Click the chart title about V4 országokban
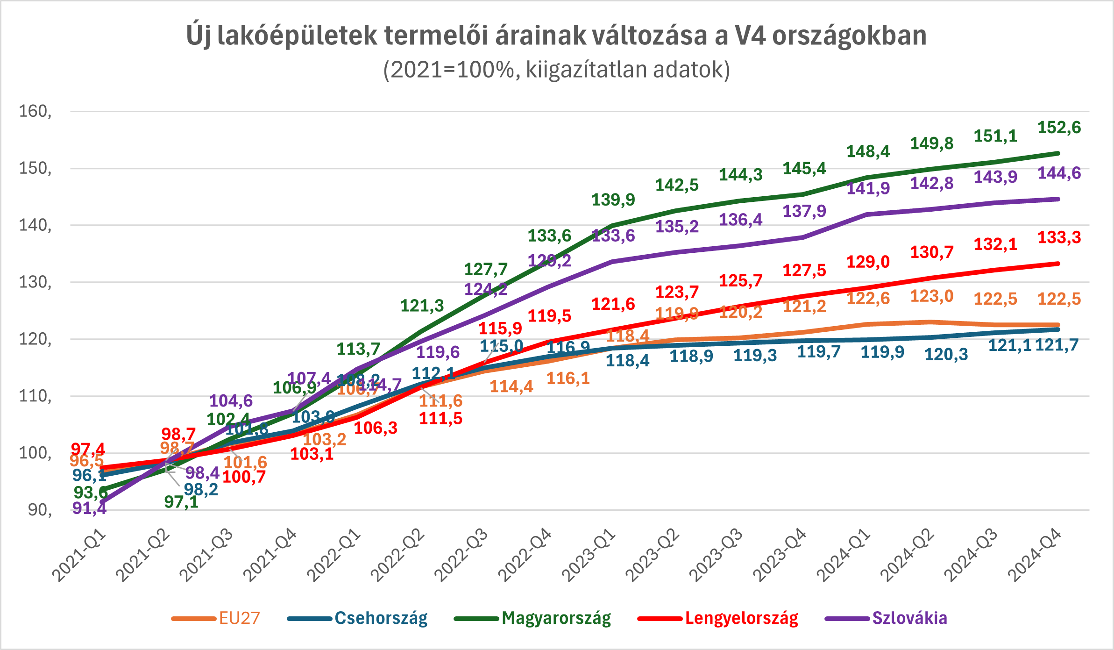point(556,36)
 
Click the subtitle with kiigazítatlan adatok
point(556,70)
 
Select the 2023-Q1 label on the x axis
point(589,555)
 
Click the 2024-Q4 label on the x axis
point(1036,555)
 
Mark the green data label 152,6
point(1059,128)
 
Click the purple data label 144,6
point(1059,173)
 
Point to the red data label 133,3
point(1059,237)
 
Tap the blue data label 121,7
point(1057,345)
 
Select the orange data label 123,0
point(931,296)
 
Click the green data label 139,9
point(613,200)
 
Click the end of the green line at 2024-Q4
point(1058,153)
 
